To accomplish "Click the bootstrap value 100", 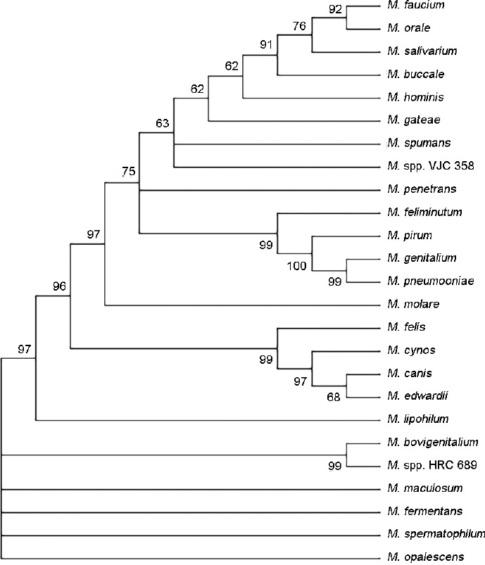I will pos(296,265).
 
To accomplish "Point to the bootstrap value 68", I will pos(334,397).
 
